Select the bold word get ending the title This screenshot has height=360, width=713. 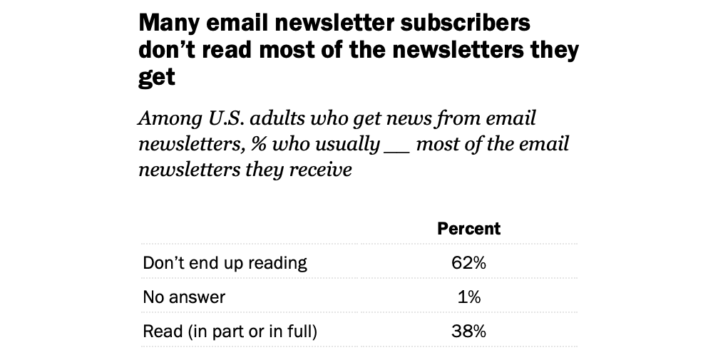pos(156,77)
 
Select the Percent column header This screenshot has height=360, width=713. pos(468,229)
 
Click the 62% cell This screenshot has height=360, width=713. pos(468,263)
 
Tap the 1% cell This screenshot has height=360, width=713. pos(468,297)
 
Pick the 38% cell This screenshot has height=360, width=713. pos(468,331)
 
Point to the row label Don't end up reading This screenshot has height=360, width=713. pos(225,263)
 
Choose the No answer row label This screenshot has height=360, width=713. pos(184,297)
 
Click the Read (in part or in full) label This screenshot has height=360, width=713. pos(230,331)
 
